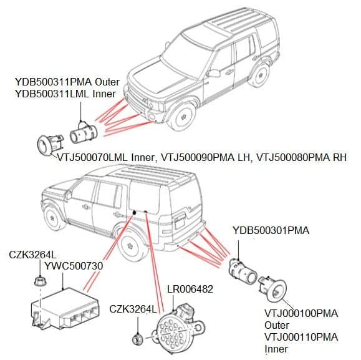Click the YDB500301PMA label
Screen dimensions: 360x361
click(x=270, y=230)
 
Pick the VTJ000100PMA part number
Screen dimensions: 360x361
click(x=301, y=314)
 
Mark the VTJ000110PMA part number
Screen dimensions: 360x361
click(x=301, y=337)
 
